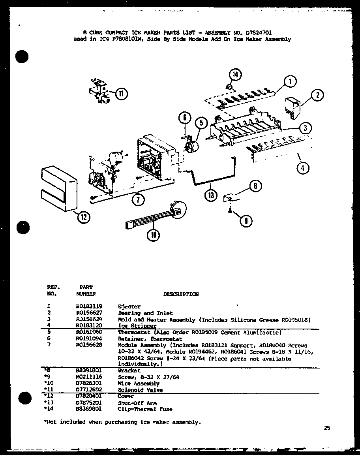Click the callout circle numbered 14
point(236,74)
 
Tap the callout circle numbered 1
point(290,82)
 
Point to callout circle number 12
point(84,216)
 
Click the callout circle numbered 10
point(154,235)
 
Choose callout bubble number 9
point(246,221)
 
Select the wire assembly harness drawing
point(154,216)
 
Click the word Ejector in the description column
point(129,306)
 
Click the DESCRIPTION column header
point(181,294)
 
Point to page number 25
point(326,428)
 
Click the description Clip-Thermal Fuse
point(145,409)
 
